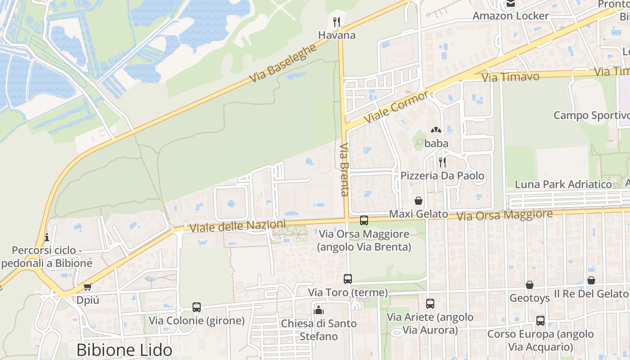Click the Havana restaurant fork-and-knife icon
pos(336,21)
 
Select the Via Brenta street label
pos(345,170)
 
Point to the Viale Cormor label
pos(396,107)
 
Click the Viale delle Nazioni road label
pos(238,226)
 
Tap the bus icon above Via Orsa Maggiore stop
pos(364,220)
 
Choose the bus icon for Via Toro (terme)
pos(348,279)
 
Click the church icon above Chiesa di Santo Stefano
pos(319,310)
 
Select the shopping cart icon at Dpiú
pos(88,287)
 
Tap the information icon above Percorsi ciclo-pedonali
pos(47,237)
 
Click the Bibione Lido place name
pos(124,350)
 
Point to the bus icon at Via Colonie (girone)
pos(197,307)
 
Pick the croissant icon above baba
pos(436,130)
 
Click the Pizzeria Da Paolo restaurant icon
pos(442,162)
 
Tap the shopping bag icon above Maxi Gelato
pos(418,200)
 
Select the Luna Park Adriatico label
pos(563,184)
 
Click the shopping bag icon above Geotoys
pos(530,285)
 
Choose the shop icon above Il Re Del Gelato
pos(591,280)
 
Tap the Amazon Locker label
pos(510,16)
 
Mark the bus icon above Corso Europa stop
pos(540,321)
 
